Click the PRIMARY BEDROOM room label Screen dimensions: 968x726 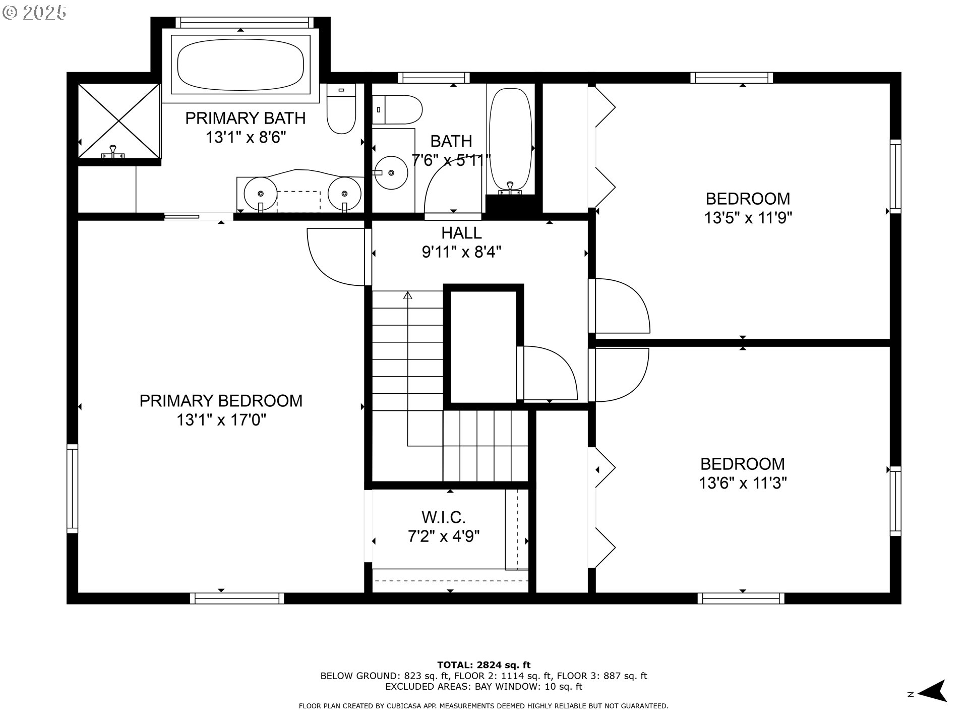click(221, 401)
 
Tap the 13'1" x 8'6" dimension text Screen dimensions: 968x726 click(246, 137)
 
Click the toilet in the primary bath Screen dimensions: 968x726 click(341, 109)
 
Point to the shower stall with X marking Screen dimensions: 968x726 click(119, 121)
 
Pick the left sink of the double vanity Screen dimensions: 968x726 click(260, 194)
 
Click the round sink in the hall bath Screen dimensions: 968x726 click(392, 173)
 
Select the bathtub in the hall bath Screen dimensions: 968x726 click(510, 141)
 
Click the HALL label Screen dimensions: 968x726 click(461, 233)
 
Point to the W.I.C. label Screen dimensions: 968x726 click(443, 517)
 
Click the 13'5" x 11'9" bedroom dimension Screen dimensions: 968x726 click(748, 218)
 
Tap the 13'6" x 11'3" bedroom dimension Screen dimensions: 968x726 click(743, 483)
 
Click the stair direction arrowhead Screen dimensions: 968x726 click(407, 295)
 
